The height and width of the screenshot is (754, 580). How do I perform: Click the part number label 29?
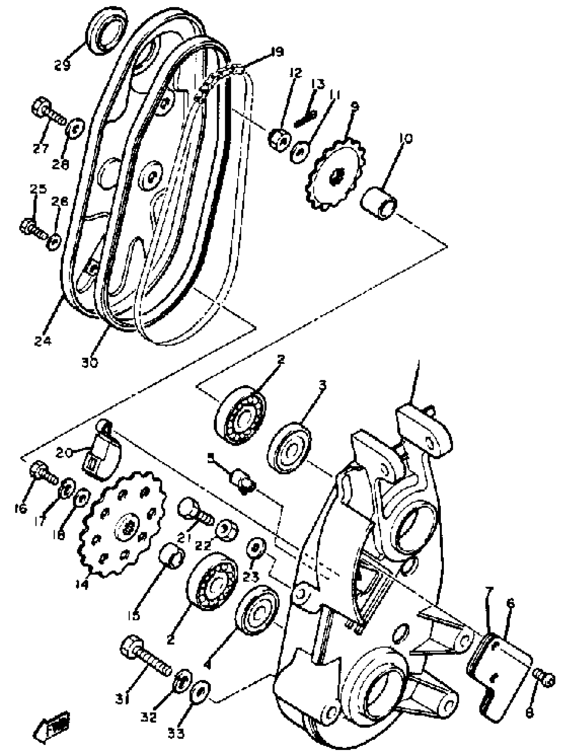click(62, 64)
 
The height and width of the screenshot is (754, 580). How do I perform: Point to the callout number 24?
click(43, 341)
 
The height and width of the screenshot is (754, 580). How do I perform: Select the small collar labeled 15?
click(172, 560)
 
